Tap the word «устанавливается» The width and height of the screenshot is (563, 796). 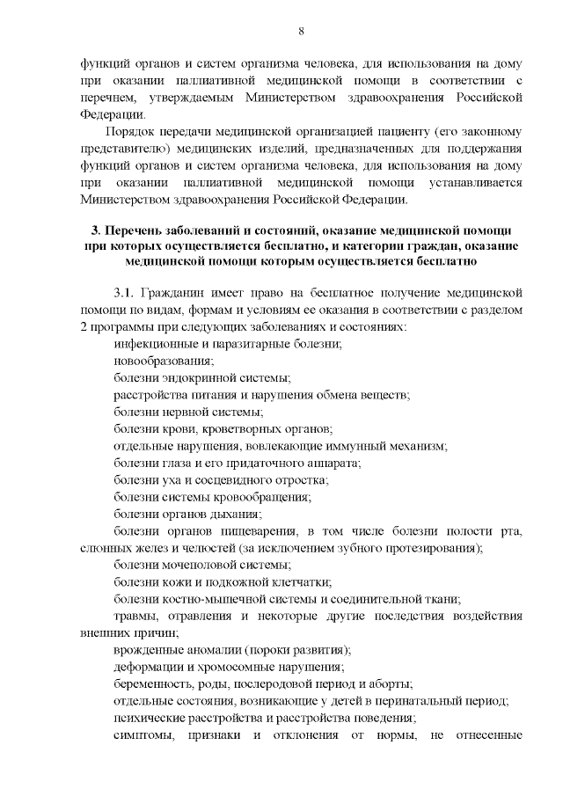[476, 182]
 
